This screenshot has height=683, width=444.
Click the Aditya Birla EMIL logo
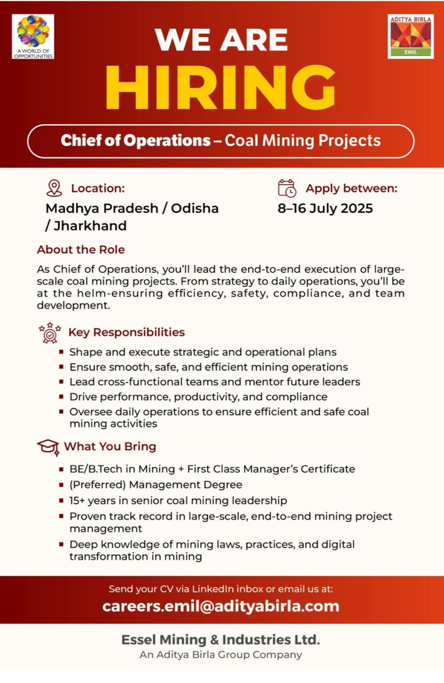coord(410,36)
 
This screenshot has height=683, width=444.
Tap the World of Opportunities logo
coord(33,36)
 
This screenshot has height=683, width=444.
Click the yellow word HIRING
coord(221,88)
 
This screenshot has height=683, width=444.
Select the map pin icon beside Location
coord(54,188)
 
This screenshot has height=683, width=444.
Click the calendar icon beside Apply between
coord(287,188)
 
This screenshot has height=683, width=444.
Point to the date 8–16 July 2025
coord(325,208)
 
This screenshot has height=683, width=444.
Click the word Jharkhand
coord(90,226)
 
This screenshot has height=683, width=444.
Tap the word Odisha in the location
coord(194,208)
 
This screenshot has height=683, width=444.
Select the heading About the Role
coord(81,250)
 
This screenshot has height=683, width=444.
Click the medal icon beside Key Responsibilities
coord(50,332)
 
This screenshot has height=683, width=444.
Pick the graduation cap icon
coord(48,447)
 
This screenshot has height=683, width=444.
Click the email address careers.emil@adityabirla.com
coord(221,606)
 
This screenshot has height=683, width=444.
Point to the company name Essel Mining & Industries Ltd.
coord(221,639)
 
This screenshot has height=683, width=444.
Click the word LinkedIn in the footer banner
coord(213,589)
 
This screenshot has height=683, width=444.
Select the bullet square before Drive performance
coord(62,396)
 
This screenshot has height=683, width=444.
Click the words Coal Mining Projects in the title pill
coord(302,141)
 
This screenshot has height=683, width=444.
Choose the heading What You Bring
coord(110,446)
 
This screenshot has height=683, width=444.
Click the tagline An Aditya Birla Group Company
coord(221,655)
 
